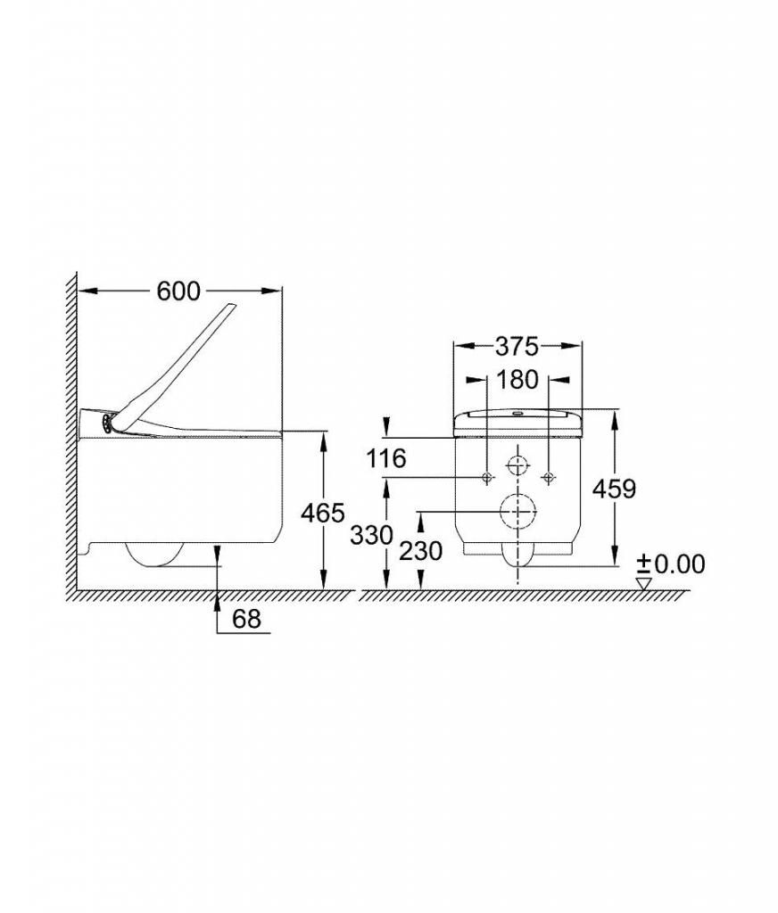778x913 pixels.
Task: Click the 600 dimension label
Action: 178,292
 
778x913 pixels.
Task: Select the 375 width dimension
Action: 517,347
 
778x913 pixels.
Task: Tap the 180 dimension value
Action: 517,380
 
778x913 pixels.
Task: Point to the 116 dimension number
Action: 385,458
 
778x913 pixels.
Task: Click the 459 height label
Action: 614,489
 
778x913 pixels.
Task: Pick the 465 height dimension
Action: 323,513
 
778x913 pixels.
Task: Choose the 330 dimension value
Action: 372,535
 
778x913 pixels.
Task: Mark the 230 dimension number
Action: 421,551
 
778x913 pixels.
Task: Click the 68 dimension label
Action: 246,619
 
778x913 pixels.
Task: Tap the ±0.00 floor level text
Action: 671,563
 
